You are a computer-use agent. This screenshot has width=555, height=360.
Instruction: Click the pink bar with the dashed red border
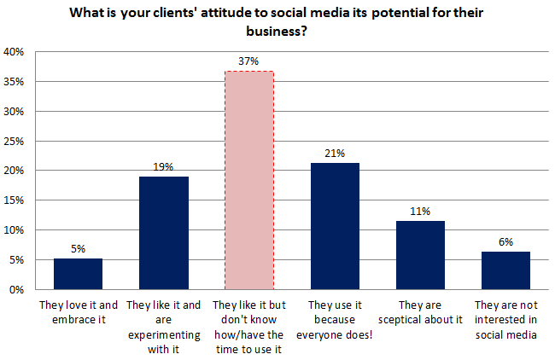248,180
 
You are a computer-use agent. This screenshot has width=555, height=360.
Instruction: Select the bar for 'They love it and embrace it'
78,274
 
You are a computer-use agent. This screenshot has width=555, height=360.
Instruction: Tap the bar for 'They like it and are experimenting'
163,233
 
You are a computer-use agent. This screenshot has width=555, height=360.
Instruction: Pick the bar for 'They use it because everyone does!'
334,226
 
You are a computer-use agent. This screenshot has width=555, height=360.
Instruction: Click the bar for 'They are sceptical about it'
419,255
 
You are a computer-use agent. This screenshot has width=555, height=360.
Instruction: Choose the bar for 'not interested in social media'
505,270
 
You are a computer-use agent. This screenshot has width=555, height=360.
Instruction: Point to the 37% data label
248,61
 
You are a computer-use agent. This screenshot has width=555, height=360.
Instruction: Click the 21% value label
334,154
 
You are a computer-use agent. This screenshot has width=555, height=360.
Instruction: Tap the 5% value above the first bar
78,249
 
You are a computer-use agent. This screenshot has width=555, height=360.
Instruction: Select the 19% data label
163,167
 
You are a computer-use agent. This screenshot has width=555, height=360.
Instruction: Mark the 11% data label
419,212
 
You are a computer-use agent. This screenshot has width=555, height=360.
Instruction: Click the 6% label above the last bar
505,241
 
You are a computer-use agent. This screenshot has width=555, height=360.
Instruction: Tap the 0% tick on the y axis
16,289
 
